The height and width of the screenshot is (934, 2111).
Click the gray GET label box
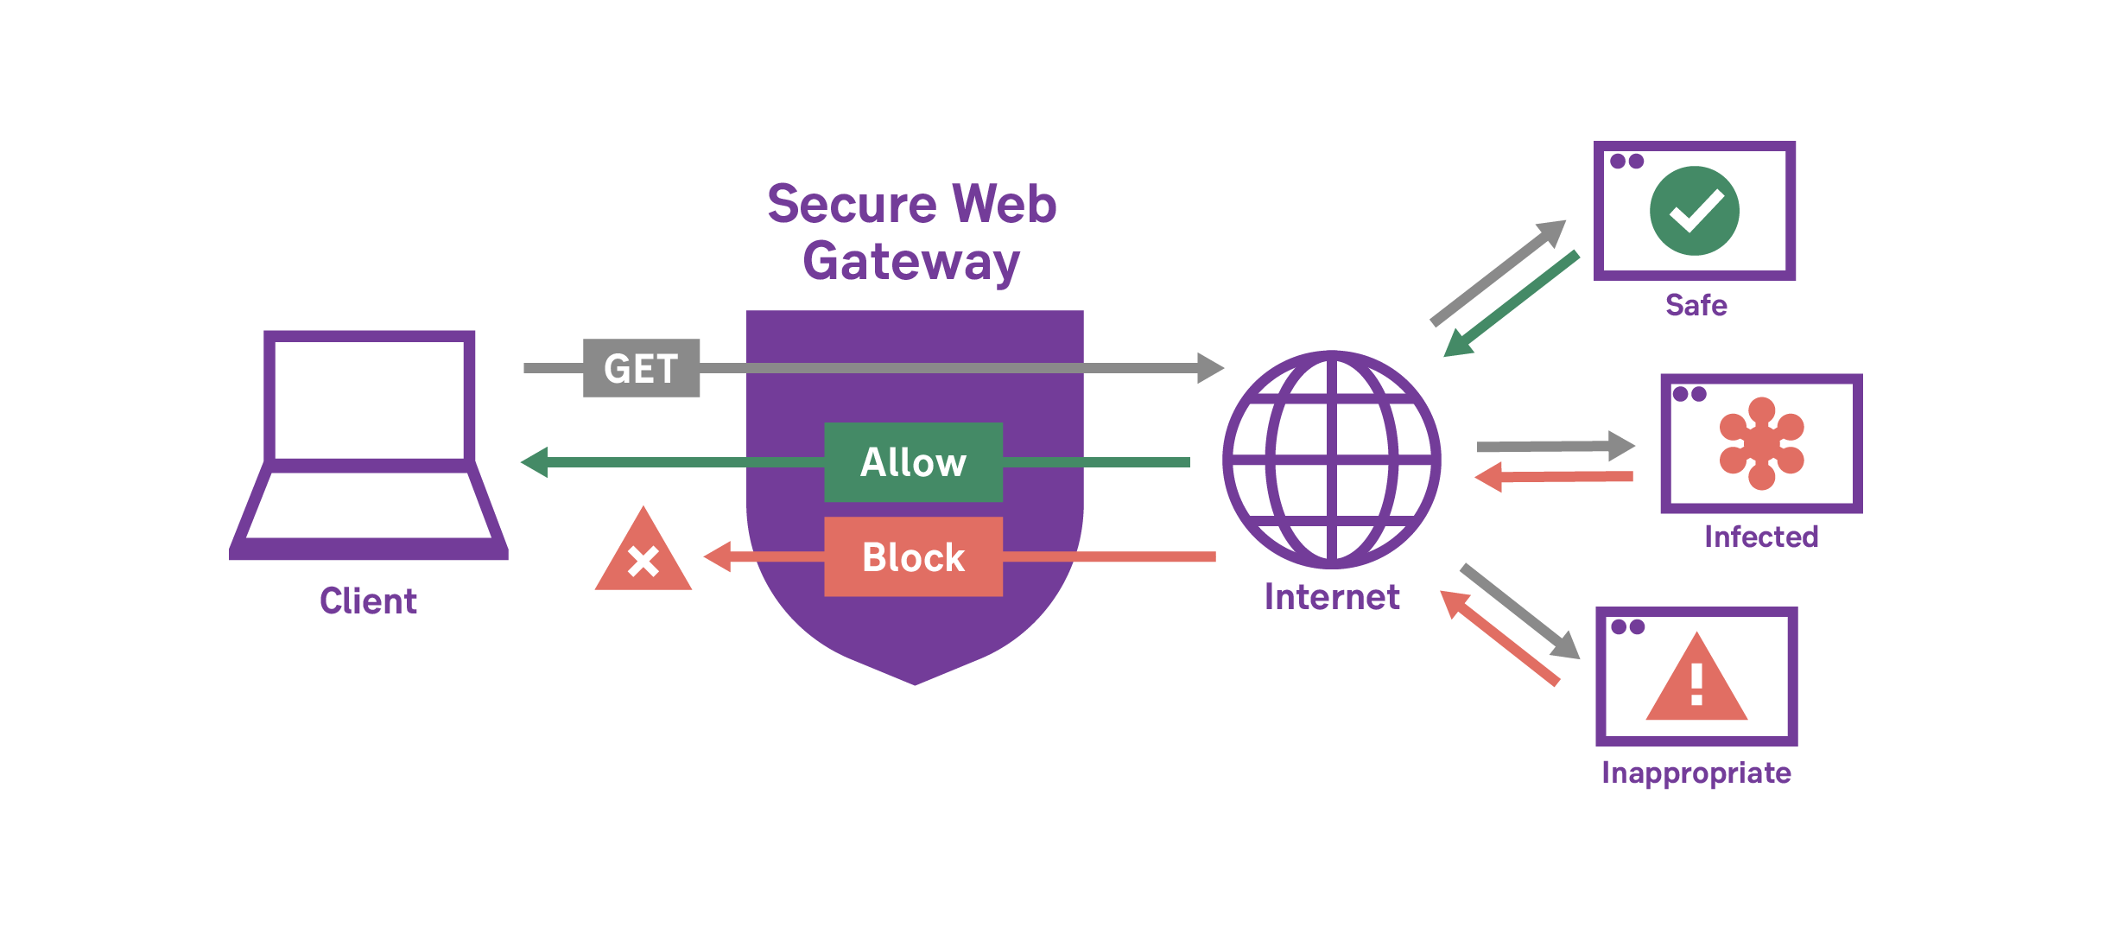(641, 368)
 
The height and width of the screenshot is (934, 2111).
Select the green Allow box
(913, 462)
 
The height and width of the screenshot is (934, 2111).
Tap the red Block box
(913, 557)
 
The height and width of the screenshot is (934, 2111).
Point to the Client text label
(368, 600)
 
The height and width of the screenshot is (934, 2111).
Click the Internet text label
(1331, 597)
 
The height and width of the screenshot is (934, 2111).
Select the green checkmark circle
(1694, 211)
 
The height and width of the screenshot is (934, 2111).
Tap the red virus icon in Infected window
(1761, 443)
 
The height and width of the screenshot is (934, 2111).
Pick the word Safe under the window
(1696, 305)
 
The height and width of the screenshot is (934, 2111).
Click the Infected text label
(1761, 537)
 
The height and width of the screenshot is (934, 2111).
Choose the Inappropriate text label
(1696, 772)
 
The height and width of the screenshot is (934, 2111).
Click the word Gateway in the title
(911, 261)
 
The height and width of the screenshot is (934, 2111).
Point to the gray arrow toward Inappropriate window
(1520, 612)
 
